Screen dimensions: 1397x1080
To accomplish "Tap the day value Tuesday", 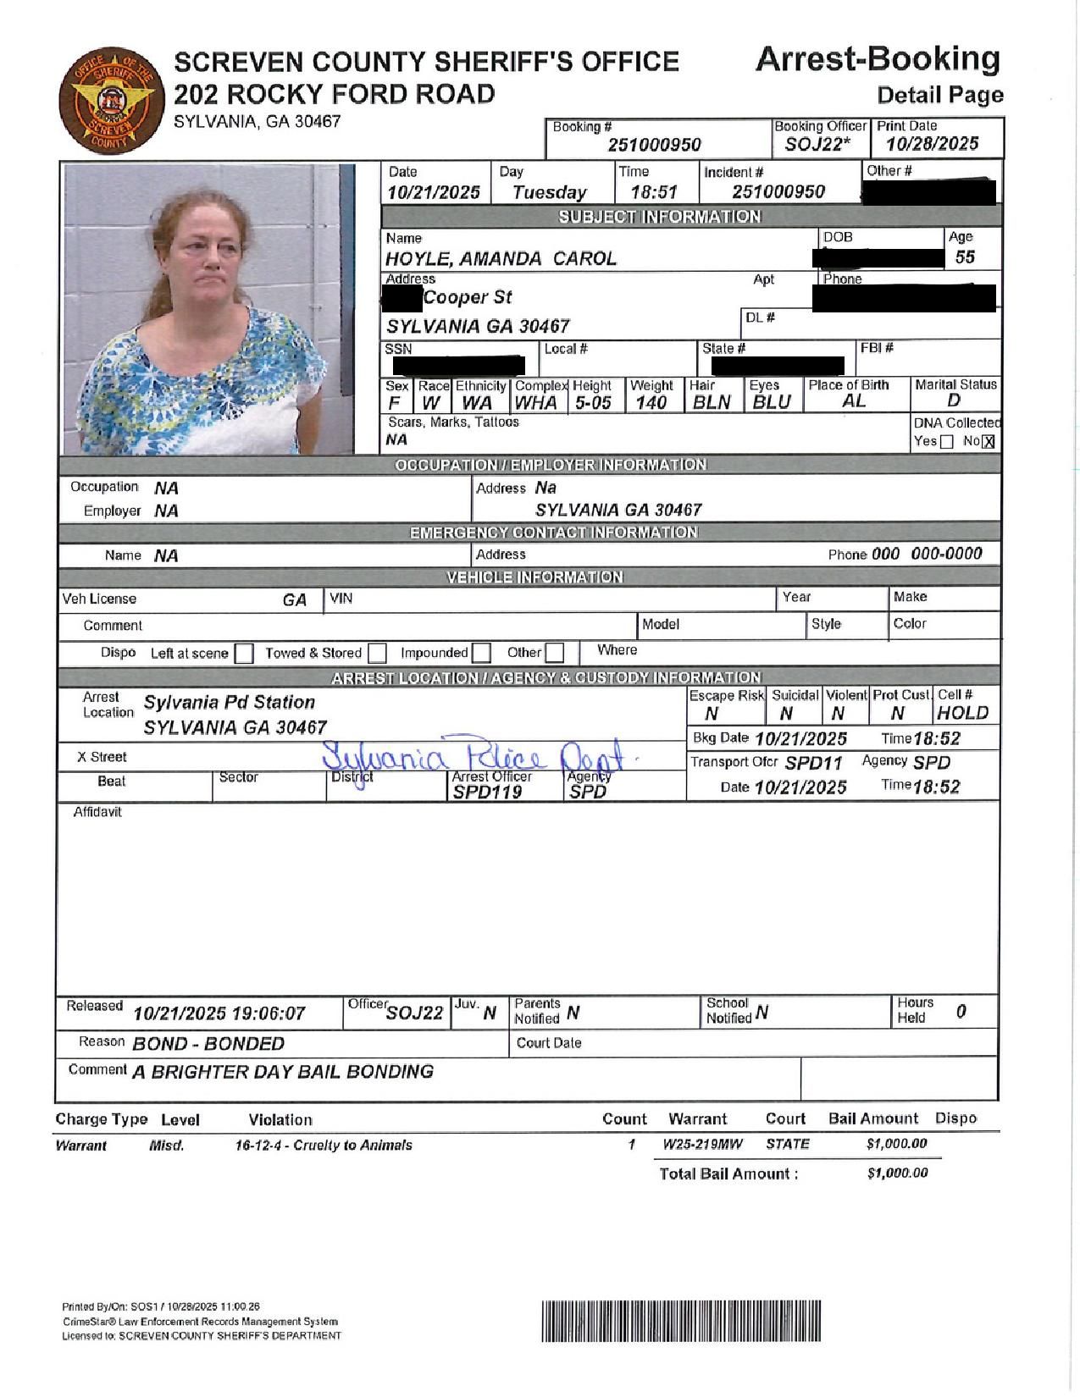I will coord(549,192).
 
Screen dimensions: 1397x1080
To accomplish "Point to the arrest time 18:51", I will coord(654,192).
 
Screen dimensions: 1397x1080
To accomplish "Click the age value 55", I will coord(964,257).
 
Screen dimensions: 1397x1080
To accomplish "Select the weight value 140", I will coord(651,403).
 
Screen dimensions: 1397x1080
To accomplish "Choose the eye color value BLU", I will coord(771,403).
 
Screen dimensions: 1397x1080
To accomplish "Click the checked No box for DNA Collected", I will coord(989,441).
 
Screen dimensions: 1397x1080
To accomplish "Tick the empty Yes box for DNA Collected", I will coord(947,441).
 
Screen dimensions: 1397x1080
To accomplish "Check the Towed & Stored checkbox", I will coord(378,654).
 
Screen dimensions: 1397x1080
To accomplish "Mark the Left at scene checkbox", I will coord(244,654).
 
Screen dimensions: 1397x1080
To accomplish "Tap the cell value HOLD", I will coord(962,713).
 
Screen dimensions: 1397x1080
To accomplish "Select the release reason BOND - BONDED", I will coord(208,1043).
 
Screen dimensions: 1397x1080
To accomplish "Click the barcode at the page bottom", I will coord(682,1320).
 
